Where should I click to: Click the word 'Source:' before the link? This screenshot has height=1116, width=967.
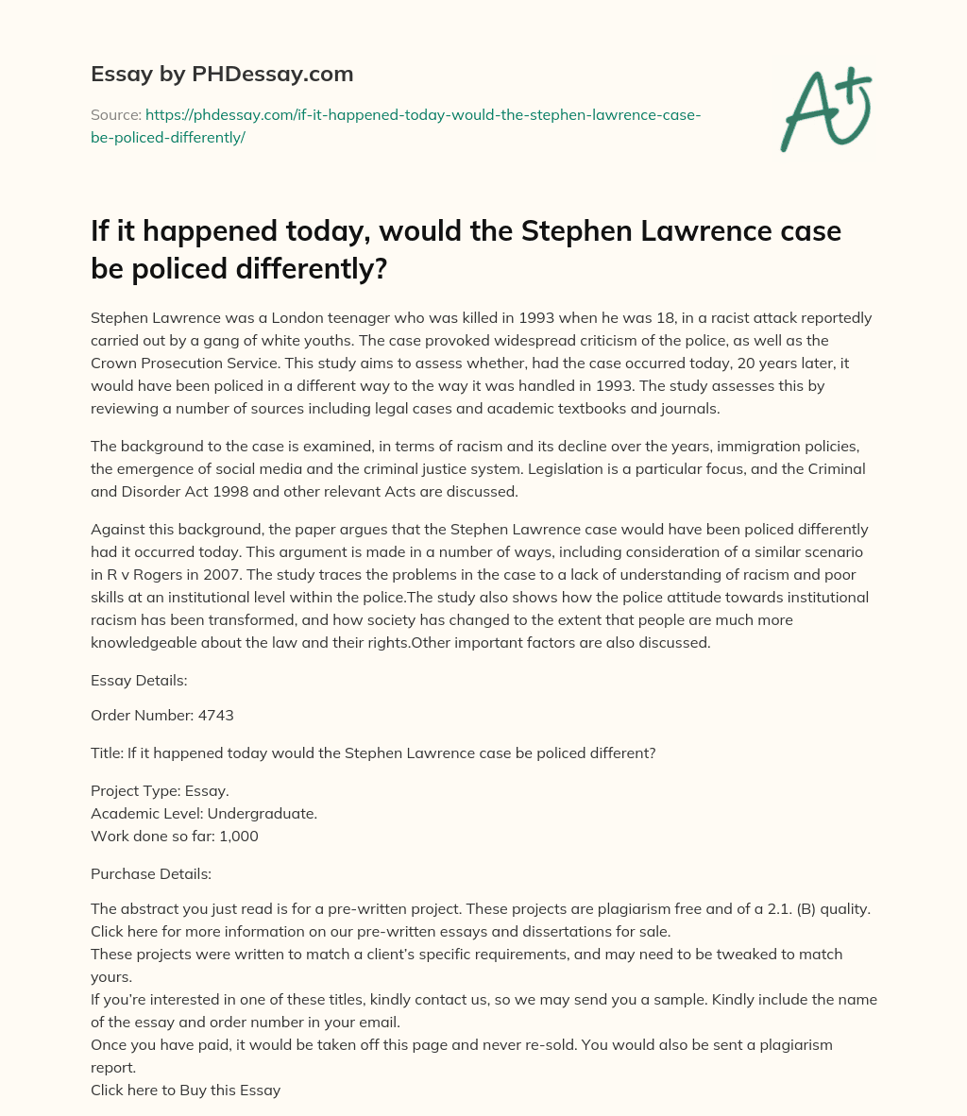click(x=115, y=115)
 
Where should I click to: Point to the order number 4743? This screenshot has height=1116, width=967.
click(x=215, y=715)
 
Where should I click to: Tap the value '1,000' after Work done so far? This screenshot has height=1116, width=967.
click(x=238, y=836)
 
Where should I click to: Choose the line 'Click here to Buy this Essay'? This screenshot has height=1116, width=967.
click(x=185, y=1090)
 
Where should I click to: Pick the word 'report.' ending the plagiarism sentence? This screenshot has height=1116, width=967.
click(x=114, y=1068)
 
